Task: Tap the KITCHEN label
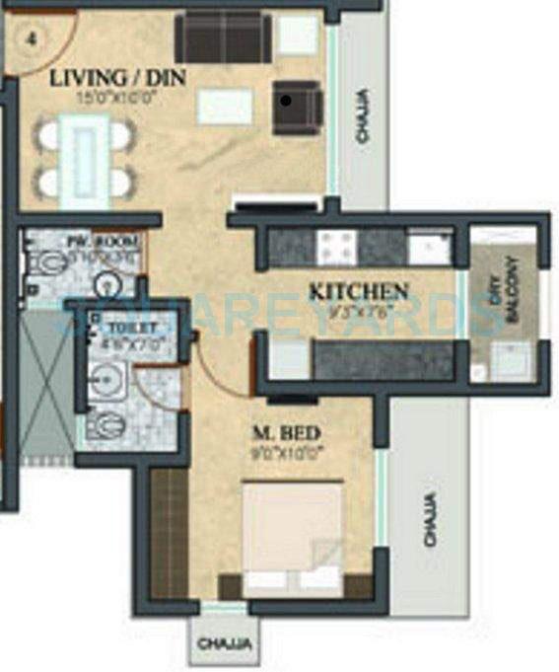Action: [358, 291]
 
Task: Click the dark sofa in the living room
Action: [223, 37]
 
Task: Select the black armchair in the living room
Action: [297, 106]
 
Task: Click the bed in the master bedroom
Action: [293, 538]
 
